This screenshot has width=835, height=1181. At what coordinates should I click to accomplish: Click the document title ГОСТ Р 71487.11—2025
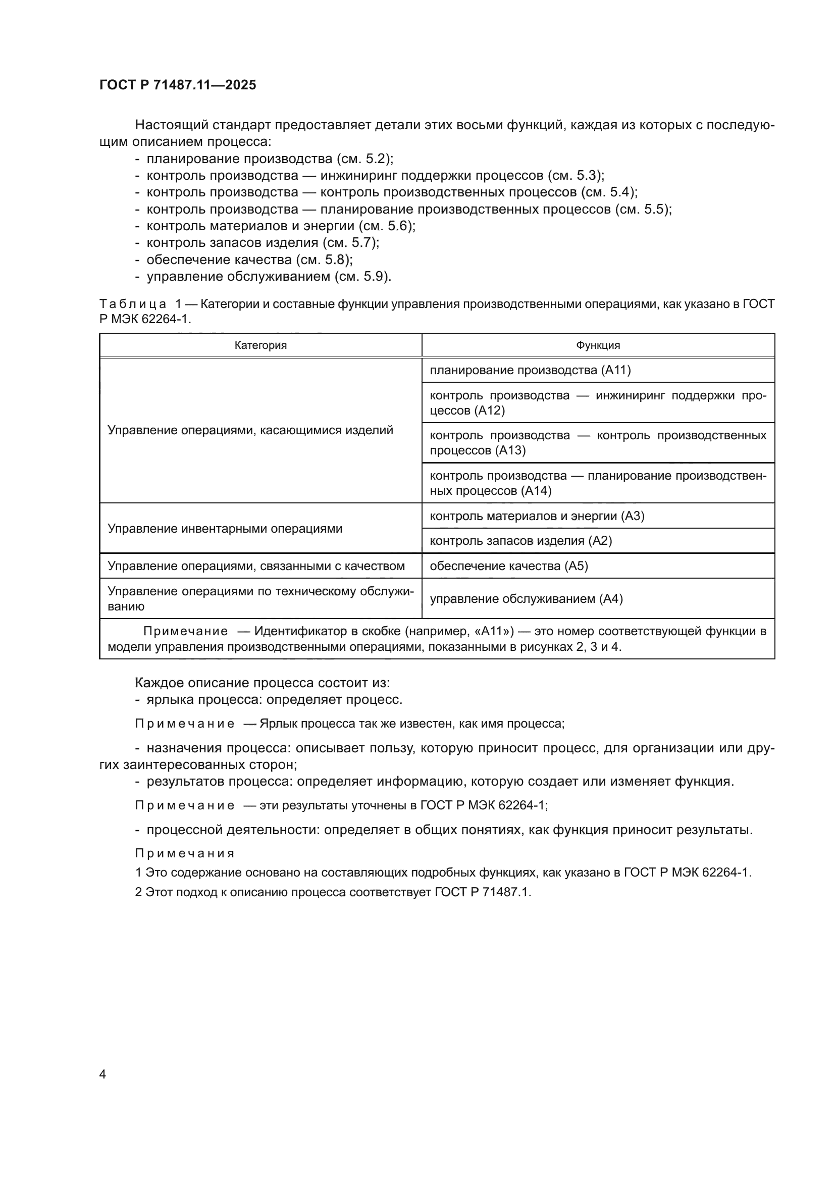[177, 85]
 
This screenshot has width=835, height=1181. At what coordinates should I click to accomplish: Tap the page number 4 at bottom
[102, 1074]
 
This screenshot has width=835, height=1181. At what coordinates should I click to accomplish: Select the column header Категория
[260, 345]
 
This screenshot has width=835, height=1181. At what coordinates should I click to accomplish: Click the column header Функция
[597, 345]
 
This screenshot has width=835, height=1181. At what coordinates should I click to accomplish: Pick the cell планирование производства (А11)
[530, 370]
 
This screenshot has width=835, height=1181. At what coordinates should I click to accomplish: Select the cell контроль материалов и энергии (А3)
[536, 516]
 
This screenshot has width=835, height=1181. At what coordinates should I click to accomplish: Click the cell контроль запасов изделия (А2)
[520, 541]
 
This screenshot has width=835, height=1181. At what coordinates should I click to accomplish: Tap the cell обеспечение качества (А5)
[508, 566]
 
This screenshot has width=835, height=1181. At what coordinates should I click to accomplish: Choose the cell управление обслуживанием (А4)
[526, 599]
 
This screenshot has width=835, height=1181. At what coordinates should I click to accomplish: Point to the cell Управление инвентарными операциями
[225, 528]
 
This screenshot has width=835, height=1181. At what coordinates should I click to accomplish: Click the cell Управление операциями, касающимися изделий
[250, 430]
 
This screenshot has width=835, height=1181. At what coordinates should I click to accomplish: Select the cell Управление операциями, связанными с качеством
[256, 566]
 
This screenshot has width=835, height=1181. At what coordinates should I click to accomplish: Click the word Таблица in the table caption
[133, 304]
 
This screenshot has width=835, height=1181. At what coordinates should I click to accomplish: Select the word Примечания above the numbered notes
[185, 853]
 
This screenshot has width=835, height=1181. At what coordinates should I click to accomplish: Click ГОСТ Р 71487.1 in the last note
[482, 892]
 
